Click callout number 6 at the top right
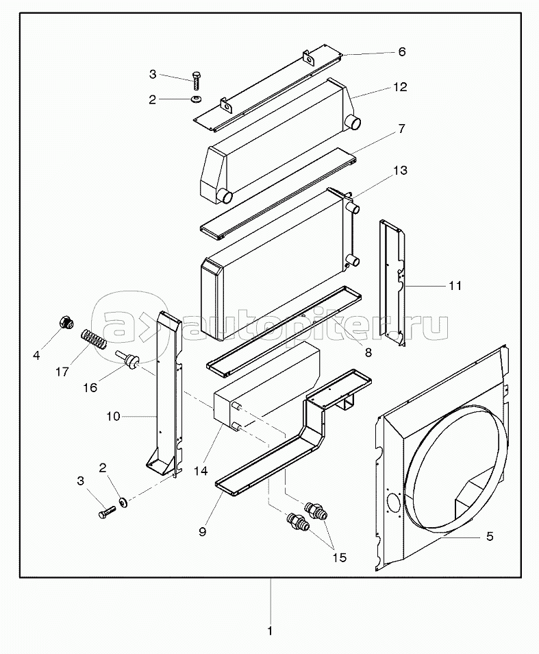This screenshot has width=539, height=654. click(x=402, y=52)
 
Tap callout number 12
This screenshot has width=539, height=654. click(x=400, y=87)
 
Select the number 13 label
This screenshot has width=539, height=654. click(x=401, y=170)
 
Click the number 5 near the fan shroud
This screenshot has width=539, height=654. click(x=489, y=536)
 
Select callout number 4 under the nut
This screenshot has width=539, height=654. click(x=37, y=355)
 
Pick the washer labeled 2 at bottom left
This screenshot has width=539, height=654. click(x=123, y=503)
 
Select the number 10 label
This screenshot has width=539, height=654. click(x=114, y=416)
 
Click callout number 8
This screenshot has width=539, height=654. click(x=368, y=352)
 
